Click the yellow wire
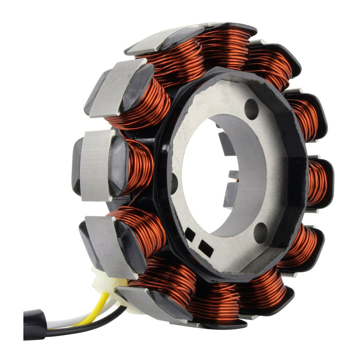[100, 306]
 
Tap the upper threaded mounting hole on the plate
[252, 109]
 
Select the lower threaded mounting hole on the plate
[260, 233]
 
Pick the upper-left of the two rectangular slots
[190, 234]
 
